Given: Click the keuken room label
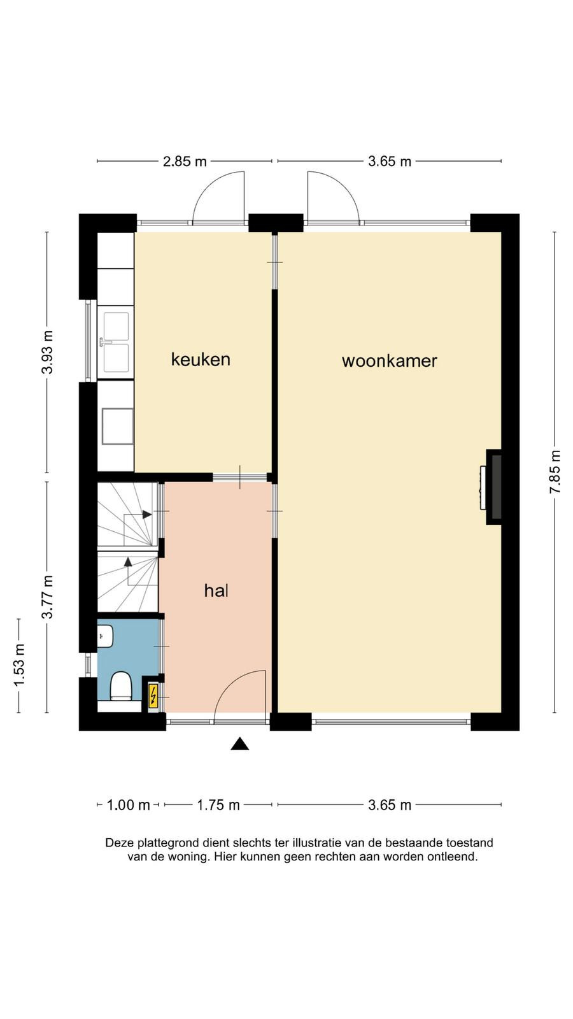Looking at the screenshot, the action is tap(201, 359).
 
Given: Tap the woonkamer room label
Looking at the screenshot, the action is tap(389, 360).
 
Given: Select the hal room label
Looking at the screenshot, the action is tap(216, 590).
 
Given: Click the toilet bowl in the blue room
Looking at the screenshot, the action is tap(121, 685).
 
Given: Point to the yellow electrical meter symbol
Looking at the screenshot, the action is tap(153, 696).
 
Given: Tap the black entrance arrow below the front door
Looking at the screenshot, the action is tap(239, 744).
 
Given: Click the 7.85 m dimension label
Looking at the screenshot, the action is tap(555, 472).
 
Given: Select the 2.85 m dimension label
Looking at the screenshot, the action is tap(185, 161).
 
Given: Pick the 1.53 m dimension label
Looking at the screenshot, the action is tap(18, 666).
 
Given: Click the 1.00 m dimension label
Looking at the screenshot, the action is tap(128, 805).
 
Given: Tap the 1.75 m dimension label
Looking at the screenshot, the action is tap(218, 805).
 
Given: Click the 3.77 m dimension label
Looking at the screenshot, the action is tap(47, 597).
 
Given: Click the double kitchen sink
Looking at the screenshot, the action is tap(116, 342).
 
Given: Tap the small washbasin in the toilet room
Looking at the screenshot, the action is tap(105, 636).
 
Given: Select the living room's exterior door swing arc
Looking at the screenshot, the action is tap(340, 187).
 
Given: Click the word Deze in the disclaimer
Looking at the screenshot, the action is tap(120, 843).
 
